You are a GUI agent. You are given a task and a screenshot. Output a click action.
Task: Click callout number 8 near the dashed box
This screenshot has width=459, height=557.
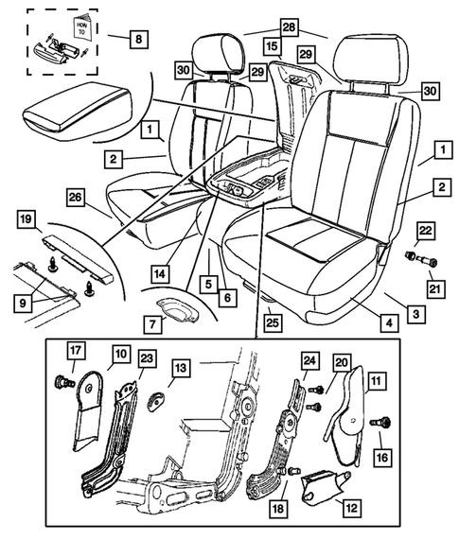140,40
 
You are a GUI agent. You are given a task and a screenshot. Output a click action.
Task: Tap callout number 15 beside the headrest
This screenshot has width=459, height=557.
272,44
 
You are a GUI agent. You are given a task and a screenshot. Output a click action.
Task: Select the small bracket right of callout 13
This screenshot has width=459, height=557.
155,400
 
